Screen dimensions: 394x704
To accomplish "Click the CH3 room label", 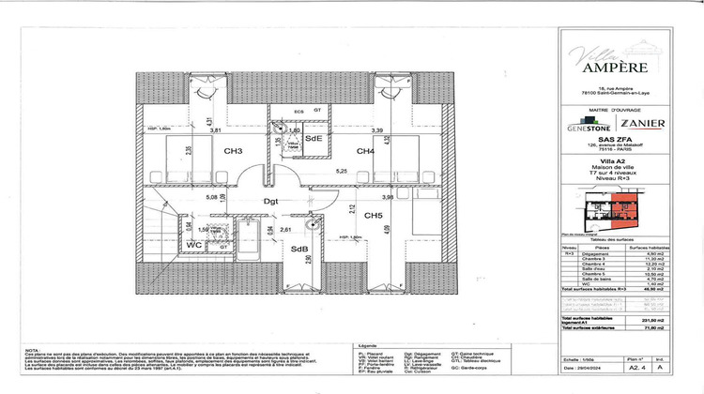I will (234, 151).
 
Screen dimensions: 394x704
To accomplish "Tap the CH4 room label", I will (365, 151).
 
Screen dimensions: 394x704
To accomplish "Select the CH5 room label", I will (374, 216).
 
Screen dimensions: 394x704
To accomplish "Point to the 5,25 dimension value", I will (343, 172).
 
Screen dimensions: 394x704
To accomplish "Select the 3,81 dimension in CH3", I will (215, 130).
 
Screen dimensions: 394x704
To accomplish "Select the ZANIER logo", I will (643, 123).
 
